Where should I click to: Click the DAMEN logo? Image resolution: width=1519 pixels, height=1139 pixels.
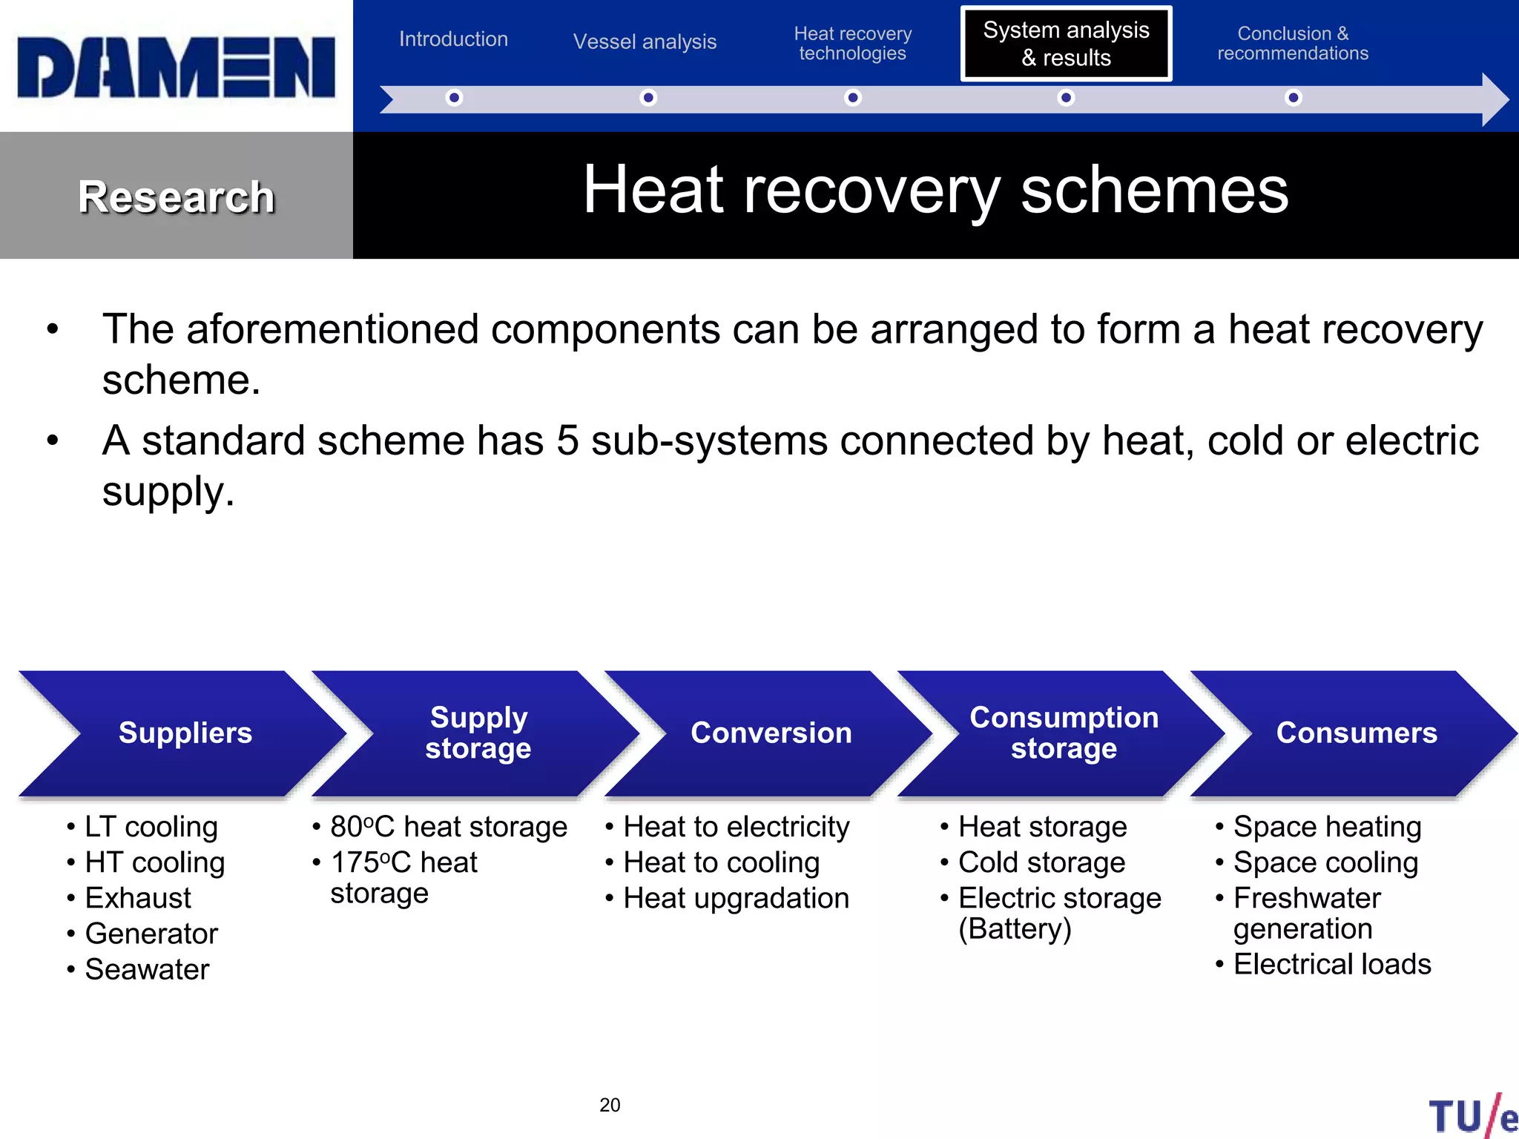[x=177, y=67]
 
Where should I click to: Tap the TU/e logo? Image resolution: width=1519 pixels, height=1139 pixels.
[x=1472, y=1116]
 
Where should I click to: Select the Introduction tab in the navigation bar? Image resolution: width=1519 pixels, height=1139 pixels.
[x=453, y=39]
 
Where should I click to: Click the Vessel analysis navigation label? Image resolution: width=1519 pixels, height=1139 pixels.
[x=645, y=42]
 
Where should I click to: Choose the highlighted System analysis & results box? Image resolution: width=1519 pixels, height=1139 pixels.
[x=1066, y=44]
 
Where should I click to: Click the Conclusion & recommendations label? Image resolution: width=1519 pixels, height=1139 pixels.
[x=1293, y=44]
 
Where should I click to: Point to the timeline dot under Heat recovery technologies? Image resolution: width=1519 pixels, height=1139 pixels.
[x=853, y=98]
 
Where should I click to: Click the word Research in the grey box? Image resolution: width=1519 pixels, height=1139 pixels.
[x=177, y=197]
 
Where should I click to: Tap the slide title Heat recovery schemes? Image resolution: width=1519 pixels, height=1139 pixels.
[x=935, y=191]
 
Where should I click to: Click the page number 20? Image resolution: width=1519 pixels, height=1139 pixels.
[x=610, y=1105]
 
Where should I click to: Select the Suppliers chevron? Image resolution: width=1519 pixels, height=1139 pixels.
[x=185, y=733]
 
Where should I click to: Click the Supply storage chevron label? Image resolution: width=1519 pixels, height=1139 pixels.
[x=478, y=733]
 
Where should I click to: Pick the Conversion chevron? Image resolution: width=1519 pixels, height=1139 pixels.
[x=771, y=733]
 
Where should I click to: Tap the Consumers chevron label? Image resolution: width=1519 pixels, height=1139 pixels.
[x=1357, y=733]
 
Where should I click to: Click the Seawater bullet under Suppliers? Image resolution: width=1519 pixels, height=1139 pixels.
[x=147, y=969]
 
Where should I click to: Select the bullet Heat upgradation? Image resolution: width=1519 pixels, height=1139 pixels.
[x=736, y=898]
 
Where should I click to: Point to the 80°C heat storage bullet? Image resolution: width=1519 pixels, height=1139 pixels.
[x=449, y=827]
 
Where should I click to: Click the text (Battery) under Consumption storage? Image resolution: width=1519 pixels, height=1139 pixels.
[x=1015, y=929]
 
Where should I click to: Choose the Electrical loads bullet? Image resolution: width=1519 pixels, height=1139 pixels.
[x=1332, y=964]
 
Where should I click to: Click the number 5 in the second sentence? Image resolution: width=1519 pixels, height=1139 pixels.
[x=567, y=440]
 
